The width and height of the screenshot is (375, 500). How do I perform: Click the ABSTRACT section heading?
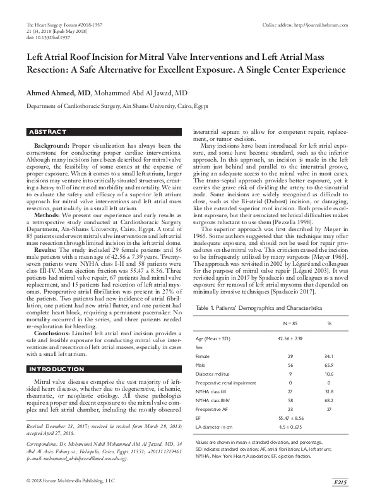pyautogui.click(x=48, y=132)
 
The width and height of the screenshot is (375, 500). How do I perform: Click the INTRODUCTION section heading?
pyautogui.click(x=55, y=369)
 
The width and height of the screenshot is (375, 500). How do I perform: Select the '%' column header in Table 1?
pyautogui.click(x=328, y=304)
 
